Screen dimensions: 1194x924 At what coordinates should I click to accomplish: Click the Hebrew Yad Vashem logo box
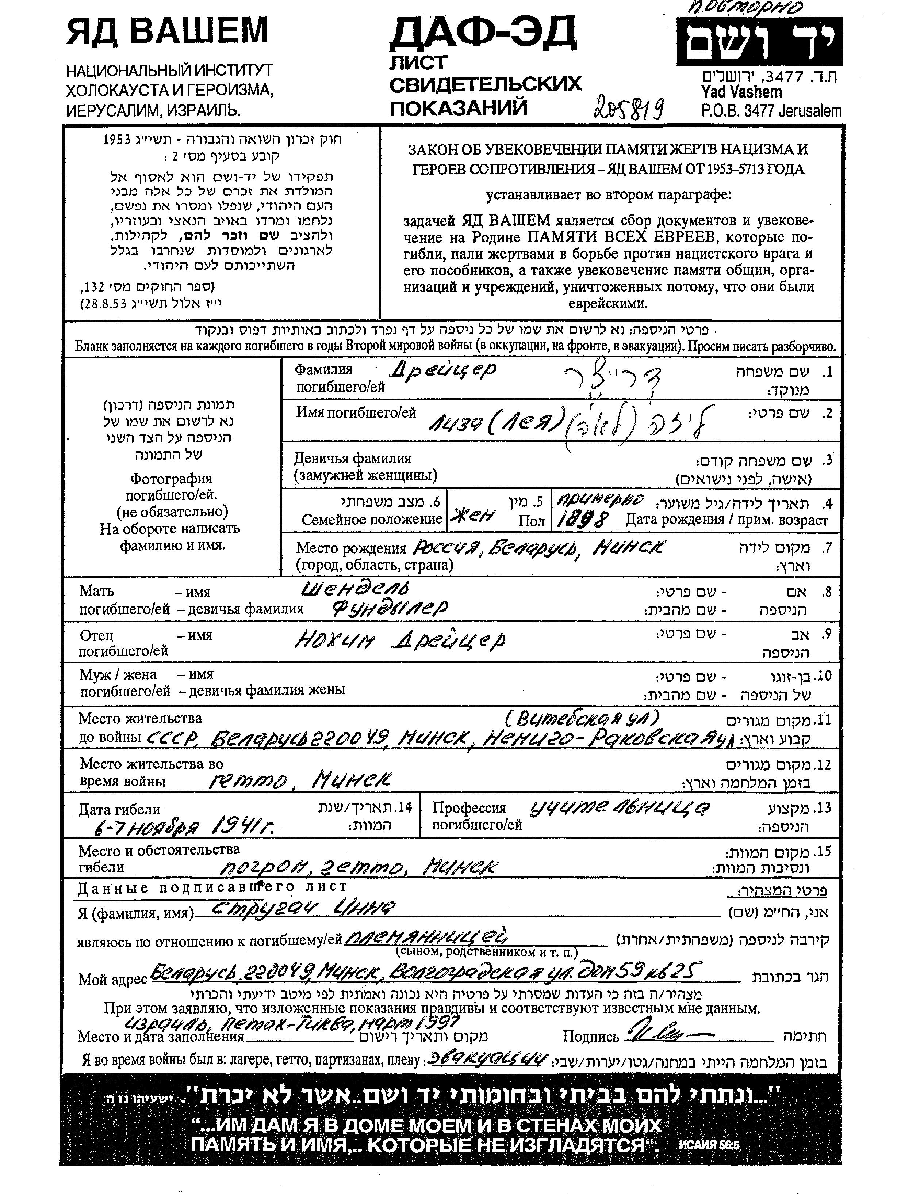[759, 42]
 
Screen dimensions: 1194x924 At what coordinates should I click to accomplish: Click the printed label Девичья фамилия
[352, 458]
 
